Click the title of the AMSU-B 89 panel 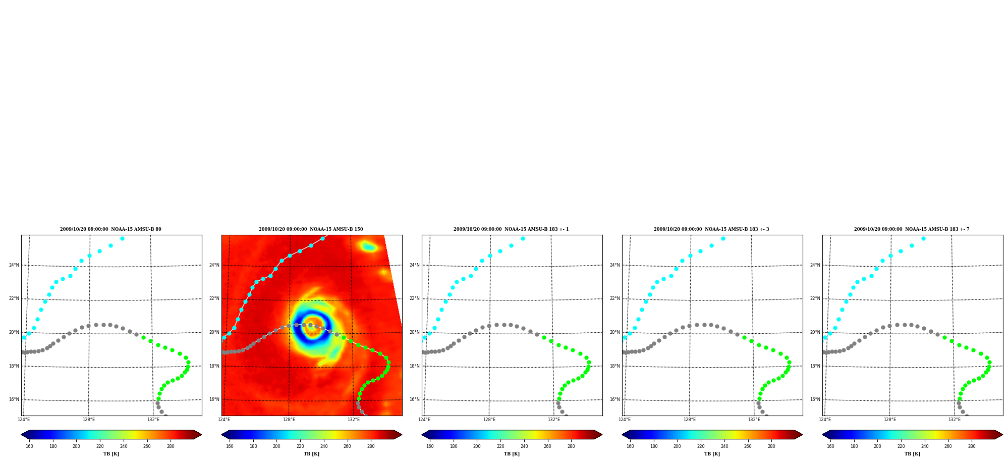(x=110, y=229)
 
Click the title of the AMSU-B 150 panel (x=311, y=229)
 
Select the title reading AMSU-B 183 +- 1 (x=511, y=229)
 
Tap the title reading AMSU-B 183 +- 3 (x=711, y=229)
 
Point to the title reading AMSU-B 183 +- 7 (x=912, y=229)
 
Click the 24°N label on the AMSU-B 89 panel (x=14, y=265)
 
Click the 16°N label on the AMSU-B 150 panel (x=214, y=399)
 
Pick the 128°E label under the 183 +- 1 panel (x=489, y=420)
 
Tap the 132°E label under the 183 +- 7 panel (x=954, y=420)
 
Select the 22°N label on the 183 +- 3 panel (x=614, y=298)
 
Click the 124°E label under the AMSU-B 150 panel (x=224, y=420)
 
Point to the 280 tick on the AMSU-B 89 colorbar (x=171, y=446)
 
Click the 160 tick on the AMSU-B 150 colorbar (x=230, y=446)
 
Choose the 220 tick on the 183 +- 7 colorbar (x=901, y=446)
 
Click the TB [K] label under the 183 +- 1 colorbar (x=512, y=454)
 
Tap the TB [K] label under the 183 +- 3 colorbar (x=712, y=454)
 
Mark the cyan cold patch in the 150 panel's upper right (x=368, y=246)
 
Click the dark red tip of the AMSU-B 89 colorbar (x=198, y=435)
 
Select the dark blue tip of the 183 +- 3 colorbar (x=626, y=435)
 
